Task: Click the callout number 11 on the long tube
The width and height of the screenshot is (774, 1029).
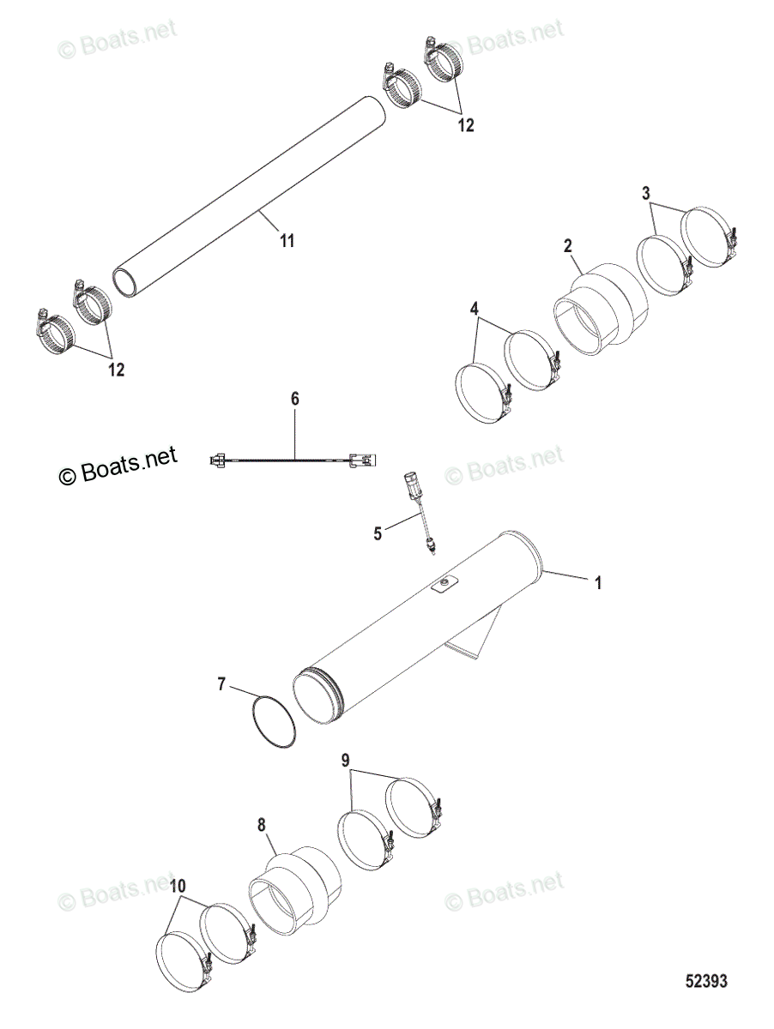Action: (287, 242)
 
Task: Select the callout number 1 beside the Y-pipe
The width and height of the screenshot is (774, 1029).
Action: (598, 582)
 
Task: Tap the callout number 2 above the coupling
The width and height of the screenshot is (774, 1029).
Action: (568, 246)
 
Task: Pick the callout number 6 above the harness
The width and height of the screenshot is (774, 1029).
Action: (294, 400)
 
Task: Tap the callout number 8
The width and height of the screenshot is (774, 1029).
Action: (262, 826)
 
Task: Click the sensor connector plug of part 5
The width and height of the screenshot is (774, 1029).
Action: (410, 486)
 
